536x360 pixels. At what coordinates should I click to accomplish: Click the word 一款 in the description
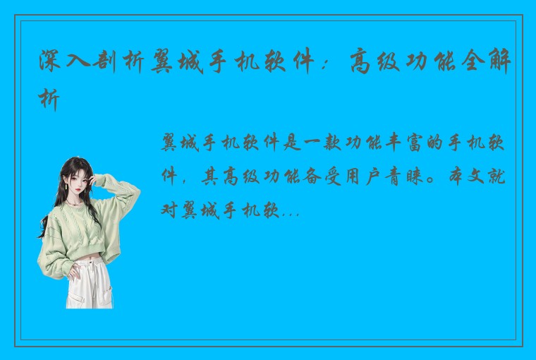point(316,145)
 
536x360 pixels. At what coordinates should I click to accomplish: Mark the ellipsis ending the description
point(291,211)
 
